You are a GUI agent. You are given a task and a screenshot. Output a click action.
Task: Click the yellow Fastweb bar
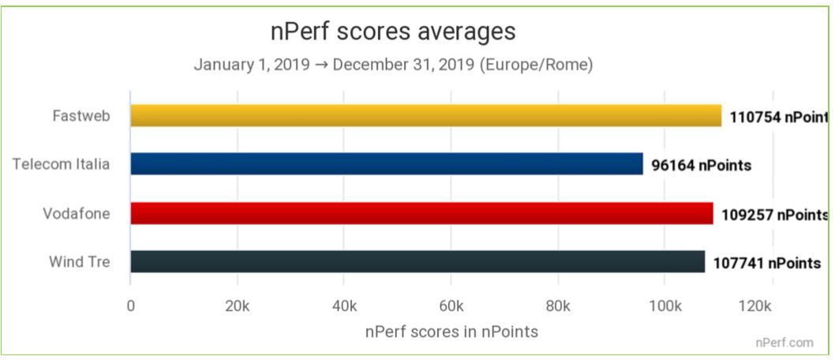[425, 116]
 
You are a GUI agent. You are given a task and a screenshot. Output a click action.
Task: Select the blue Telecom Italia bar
[386, 164]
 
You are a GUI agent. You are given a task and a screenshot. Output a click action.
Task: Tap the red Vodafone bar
[421, 213]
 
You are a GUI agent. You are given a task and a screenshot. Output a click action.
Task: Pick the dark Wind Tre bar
[417, 261]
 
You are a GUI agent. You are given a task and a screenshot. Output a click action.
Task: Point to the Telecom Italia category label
[61, 165]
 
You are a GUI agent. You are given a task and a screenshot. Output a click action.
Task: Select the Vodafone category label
[77, 214]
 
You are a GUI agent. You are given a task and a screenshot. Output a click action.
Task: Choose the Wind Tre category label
[79, 262]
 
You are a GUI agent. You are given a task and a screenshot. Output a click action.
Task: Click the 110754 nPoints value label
[778, 118]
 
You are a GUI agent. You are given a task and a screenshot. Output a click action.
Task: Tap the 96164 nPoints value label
[701, 166]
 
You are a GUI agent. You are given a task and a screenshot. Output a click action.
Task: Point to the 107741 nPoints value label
[767, 263]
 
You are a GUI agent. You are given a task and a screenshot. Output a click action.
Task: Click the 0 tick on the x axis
[131, 306]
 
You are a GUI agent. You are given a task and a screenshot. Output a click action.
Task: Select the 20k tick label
[238, 306]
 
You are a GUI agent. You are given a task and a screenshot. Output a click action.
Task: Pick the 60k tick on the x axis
[451, 306]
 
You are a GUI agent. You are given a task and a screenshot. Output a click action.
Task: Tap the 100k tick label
[665, 306]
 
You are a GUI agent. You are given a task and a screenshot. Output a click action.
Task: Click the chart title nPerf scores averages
[392, 32]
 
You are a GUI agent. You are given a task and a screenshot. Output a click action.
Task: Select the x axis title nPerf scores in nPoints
[451, 332]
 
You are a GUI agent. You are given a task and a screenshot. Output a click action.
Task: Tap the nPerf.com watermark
[784, 343]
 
